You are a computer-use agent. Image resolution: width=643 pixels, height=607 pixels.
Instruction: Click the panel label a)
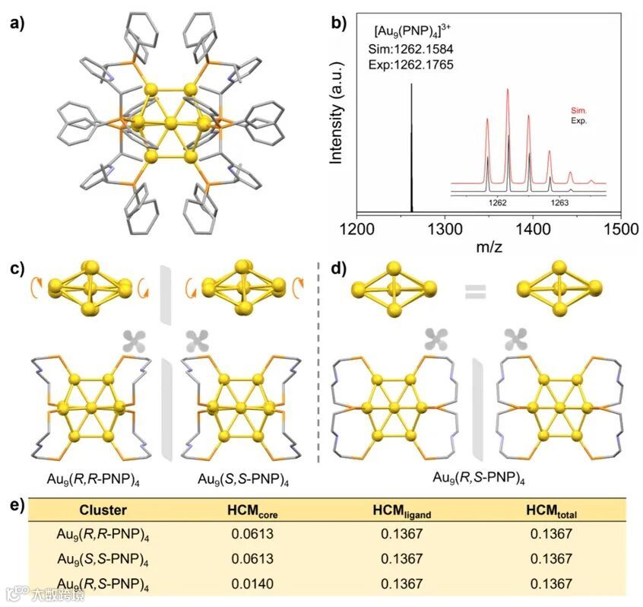point(17,22)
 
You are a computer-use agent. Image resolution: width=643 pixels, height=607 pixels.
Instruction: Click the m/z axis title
point(488,247)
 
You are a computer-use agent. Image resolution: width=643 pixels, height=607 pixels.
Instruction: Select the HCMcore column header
point(257,511)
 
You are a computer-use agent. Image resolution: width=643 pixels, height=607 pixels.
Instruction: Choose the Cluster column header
point(103,510)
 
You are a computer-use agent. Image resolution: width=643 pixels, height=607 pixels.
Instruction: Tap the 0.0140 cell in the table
point(257,583)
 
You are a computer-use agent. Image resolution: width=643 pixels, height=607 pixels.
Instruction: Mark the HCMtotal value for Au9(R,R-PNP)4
point(549,535)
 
